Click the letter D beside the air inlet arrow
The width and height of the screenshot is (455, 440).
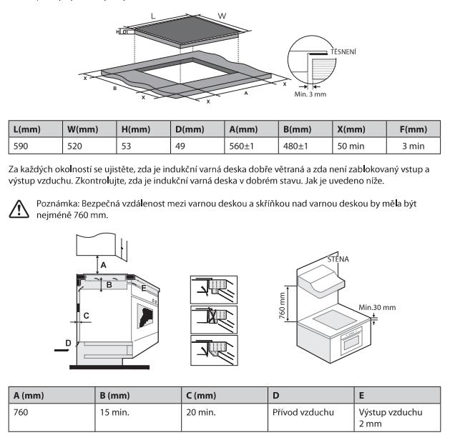tap(69, 343)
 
